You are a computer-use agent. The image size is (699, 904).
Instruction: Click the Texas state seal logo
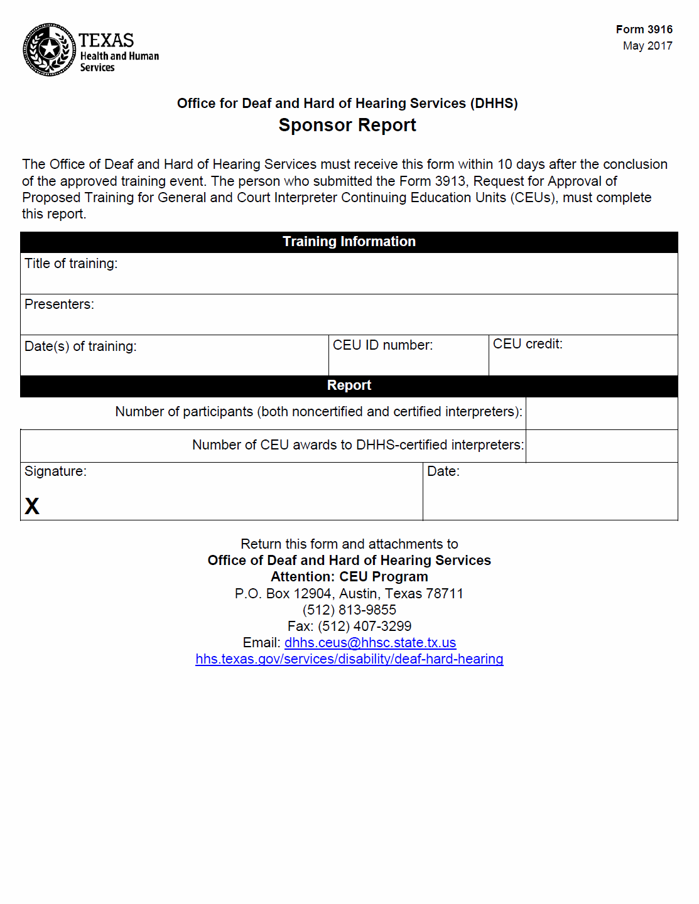pyautogui.click(x=49, y=50)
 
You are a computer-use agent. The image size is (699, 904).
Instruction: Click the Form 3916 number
pyautogui.click(x=644, y=30)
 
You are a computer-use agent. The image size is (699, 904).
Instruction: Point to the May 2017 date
pyautogui.click(x=648, y=46)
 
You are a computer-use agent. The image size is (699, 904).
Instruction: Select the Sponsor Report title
pyautogui.click(x=347, y=125)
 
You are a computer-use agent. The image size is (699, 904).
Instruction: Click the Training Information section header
pyautogui.click(x=349, y=242)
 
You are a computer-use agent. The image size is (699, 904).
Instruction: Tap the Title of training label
pyautogui.click(x=71, y=264)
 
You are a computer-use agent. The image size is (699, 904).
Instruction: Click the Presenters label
pyautogui.click(x=59, y=304)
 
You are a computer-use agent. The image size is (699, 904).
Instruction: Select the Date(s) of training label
pyautogui.click(x=80, y=347)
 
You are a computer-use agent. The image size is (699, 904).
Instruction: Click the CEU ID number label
pyautogui.click(x=382, y=345)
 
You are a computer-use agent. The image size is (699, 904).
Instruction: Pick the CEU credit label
pyautogui.click(x=528, y=344)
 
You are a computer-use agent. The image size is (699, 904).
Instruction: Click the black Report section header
pyautogui.click(x=349, y=385)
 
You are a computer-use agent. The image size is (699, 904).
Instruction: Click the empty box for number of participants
pyautogui.click(x=601, y=413)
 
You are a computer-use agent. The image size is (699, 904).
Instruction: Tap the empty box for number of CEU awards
pyautogui.click(x=601, y=446)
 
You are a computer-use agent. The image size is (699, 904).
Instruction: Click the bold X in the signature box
pyautogui.click(x=32, y=506)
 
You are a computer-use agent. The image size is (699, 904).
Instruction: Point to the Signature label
pyautogui.click(x=55, y=471)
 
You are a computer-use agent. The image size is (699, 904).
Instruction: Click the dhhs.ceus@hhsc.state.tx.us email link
pyautogui.click(x=370, y=643)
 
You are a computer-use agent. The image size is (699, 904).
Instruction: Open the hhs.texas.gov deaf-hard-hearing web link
pyautogui.click(x=349, y=659)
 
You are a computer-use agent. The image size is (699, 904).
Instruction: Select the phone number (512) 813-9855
pyautogui.click(x=349, y=610)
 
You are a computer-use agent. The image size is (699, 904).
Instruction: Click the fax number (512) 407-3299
pyautogui.click(x=364, y=627)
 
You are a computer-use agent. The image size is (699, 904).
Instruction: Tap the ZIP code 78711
pyautogui.click(x=444, y=594)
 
